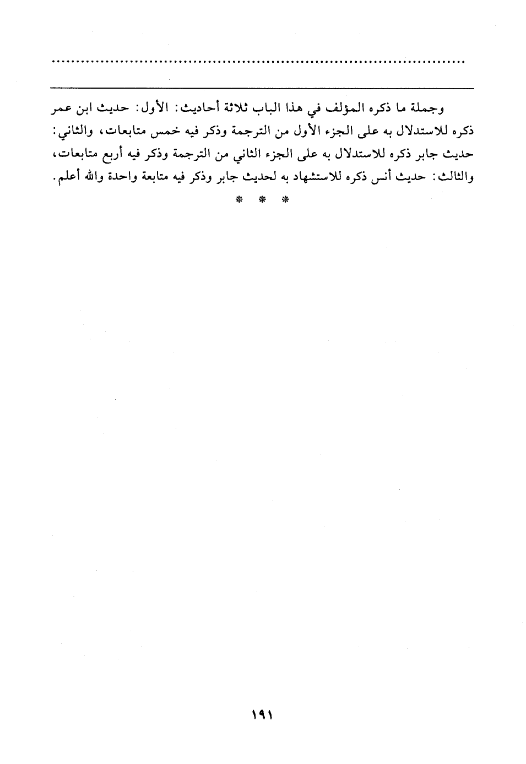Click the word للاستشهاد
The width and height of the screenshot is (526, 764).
point(316,178)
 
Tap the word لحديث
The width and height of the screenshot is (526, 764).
point(265,178)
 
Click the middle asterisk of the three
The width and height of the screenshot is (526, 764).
point(262,199)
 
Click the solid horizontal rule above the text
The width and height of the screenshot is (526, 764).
point(262,87)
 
